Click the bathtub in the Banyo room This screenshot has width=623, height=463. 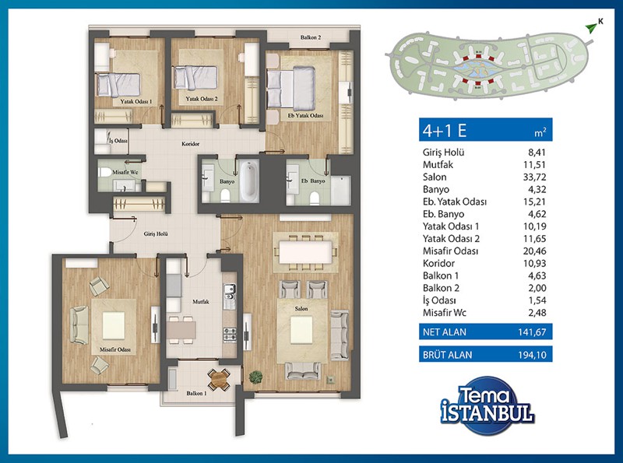[x=249, y=181]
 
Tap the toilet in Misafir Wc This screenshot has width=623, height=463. [x=105, y=172]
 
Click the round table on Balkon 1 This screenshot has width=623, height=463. [x=219, y=380]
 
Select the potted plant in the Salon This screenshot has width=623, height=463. [x=256, y=377]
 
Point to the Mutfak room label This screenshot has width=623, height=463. [x=201, y=302]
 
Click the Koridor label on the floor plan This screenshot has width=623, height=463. [x=190, y=144]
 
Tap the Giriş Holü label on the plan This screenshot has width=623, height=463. [x=156, y=234]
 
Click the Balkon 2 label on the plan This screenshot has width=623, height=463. [x=311, y=37]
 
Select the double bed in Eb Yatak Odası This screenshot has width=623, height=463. [x=291, y=88]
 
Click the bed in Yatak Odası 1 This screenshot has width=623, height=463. [x=118, y=85]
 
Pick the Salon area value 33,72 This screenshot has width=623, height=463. [x=534, y=177]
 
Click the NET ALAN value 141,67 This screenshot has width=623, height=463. [x=532, y=332]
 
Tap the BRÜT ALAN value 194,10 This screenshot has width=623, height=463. [x=533, y=355]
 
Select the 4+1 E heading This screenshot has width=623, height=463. [x=444, y=130]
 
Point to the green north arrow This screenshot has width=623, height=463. [x=591, y=27]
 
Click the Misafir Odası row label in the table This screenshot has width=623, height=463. [x=451, y=251]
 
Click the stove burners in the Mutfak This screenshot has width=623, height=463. [x=230, y=335]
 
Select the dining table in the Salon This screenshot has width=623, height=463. [x=305, y=253]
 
